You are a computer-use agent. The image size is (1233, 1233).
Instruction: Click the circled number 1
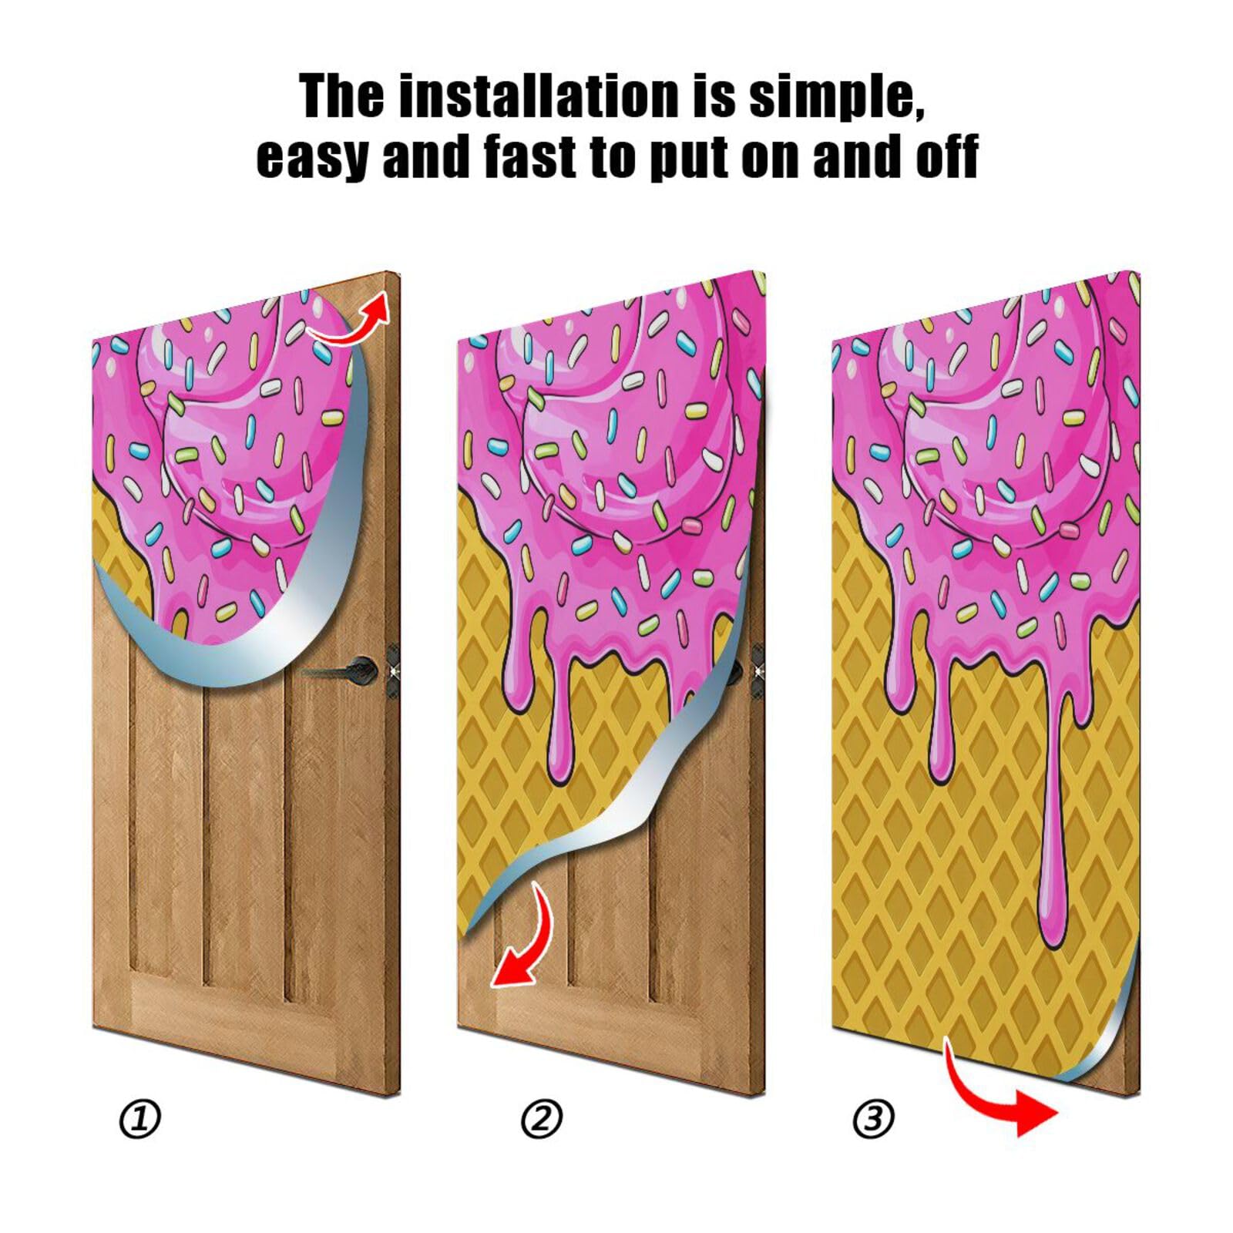click(x=140, y=1119)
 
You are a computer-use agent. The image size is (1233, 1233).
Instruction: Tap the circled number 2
click(x=542, y=1119)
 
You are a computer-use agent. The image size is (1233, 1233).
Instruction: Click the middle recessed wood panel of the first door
click(x=244, y=825)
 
